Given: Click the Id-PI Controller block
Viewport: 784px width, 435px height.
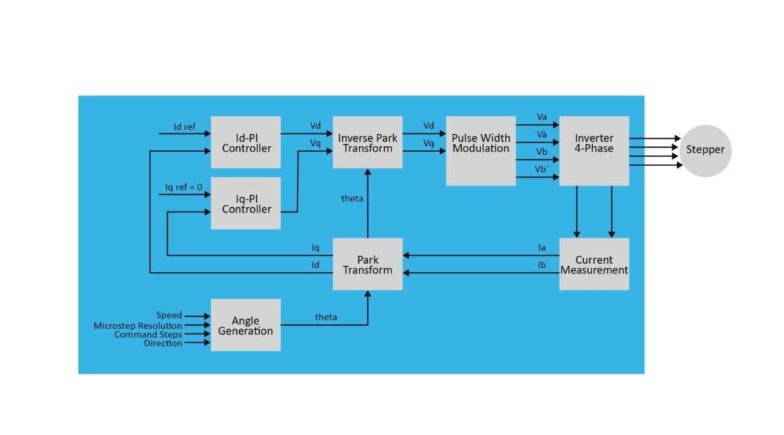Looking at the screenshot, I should (x=246, y=143).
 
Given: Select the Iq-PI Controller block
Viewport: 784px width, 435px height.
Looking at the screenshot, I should (x=246, y=203).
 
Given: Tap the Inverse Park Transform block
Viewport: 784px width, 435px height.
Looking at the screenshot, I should (x=367, y=143).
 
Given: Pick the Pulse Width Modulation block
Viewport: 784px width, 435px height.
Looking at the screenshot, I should (x=481, y=151).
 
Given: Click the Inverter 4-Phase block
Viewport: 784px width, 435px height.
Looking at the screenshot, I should (x=594, y=151).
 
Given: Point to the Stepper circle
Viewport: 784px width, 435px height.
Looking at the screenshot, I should (x=705, y=151).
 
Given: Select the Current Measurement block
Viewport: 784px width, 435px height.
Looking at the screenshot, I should (x=594, y=264).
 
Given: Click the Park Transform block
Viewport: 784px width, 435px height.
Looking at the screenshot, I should (x=367, y=264).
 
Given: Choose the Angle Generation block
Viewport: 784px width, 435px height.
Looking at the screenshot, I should (x=246, y=325).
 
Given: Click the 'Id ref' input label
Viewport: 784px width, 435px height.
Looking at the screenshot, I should (x=184, y=127).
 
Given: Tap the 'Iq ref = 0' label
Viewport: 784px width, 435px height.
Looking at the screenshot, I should (x=184, y=187).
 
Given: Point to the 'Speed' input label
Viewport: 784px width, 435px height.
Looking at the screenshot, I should (x=169, y=316).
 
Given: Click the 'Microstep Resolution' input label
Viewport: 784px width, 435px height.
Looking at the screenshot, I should (x=138, y=325).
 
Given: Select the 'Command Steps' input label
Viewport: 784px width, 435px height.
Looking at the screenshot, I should (x=148, y=335).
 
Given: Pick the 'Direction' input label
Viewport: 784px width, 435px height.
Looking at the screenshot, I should (x=163, y=344).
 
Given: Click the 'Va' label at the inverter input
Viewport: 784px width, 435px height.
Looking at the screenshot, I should (x=541, y=117).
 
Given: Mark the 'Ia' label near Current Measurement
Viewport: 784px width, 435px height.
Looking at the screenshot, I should (x=541, y=248).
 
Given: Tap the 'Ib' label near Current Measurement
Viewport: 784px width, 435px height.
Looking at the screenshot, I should (x=541, y=265).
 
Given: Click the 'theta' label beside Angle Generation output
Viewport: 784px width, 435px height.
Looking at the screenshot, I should (x=326, y=317).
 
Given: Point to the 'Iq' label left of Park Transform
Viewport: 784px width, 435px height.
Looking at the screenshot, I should (x=315, y=248).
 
